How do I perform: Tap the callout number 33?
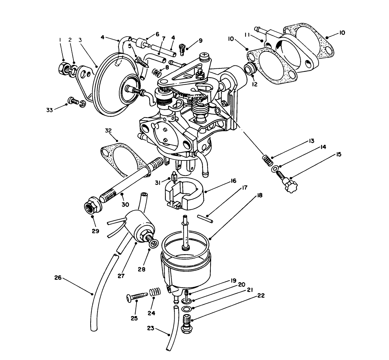49,110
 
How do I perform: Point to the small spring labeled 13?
267,159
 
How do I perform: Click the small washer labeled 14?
276,168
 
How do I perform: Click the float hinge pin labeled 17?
205,218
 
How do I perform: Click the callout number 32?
108,131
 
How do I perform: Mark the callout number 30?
125,205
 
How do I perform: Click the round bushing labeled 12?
250,70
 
